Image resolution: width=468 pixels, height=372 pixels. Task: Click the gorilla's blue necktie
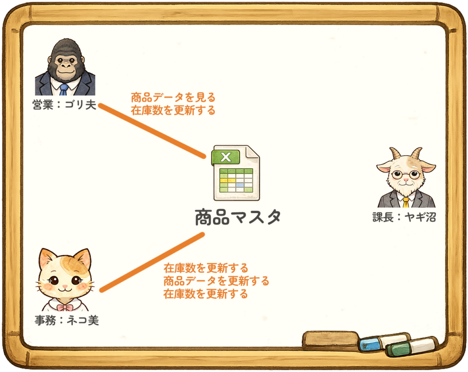pos(64,90)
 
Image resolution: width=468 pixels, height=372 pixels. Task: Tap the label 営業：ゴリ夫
pos(64,105)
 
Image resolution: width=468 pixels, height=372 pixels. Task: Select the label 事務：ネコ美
pos(67,320)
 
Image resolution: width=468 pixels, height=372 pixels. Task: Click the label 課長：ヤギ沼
pos(404,217)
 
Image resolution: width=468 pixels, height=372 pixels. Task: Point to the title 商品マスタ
pos(238,217)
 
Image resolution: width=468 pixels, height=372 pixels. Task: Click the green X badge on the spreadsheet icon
pos(226,157)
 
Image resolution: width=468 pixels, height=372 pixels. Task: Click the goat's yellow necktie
pos(406,202)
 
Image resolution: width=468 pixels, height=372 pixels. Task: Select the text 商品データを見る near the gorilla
pos(173,98)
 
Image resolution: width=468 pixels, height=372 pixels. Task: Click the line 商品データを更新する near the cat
pos(216,281)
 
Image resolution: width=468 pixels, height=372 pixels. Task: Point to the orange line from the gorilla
pos(152,131)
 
